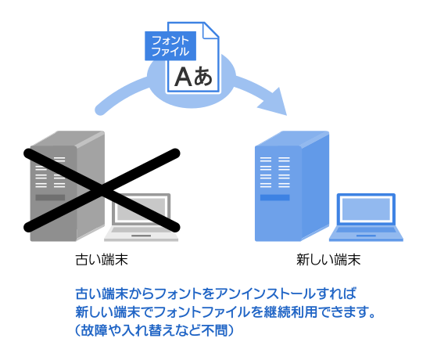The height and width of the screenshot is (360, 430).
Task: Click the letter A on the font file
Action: point(182,76)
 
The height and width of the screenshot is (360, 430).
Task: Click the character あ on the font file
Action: point(202,76)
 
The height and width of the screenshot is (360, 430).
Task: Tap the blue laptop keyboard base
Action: point(367,233)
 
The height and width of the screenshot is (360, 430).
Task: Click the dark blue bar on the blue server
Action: point(269,197)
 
